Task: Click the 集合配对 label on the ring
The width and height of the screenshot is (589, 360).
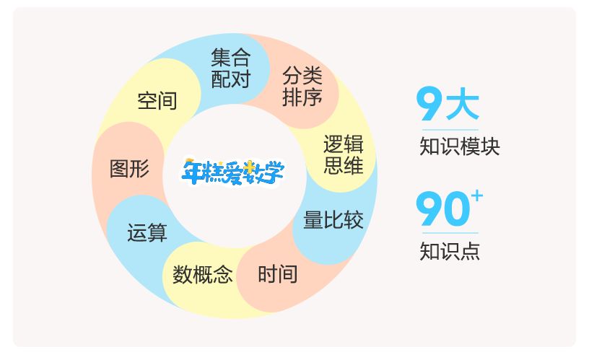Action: [230, 68]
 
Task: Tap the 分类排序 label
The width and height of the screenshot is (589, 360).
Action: [302, 86]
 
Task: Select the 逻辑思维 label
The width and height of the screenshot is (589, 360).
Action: [343, 154]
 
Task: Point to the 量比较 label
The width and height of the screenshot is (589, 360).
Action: [333, 219]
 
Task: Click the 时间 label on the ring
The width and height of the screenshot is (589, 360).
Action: [277, 274]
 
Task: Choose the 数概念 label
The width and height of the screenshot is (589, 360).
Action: [202, 274]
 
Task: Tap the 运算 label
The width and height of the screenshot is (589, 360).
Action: [147, 232]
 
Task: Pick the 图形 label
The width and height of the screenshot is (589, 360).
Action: [130, 169]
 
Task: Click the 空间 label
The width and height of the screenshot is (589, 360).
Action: [157, 100]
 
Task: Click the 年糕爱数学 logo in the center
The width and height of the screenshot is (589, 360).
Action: [232, 171]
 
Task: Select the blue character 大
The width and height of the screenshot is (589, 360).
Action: [462, 105]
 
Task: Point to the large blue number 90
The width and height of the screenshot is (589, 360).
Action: [442, 210]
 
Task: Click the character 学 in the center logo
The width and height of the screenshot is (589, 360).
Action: [273, 171]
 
